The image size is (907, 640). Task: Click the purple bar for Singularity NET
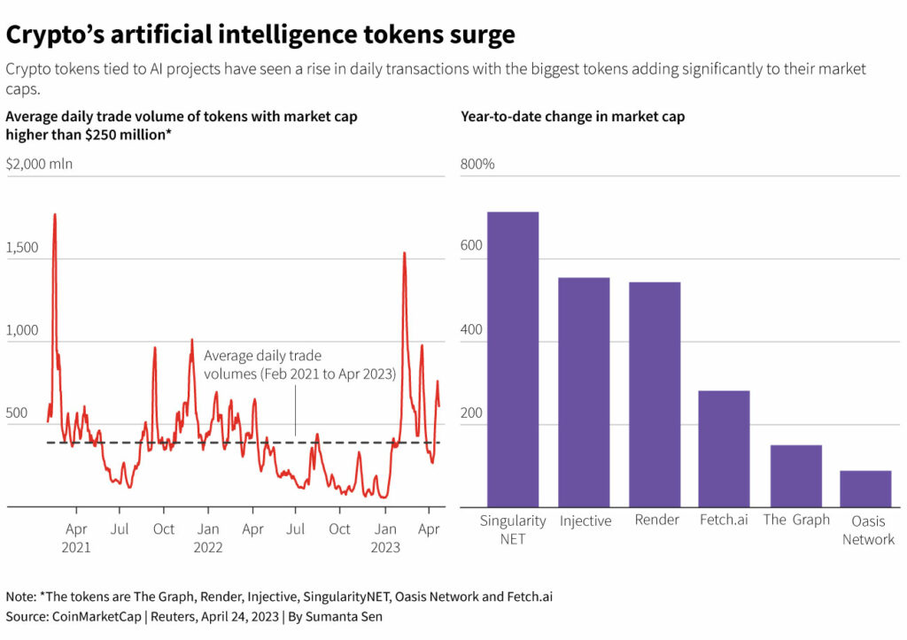(x=513, y=359)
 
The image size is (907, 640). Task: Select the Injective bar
(x=584, y=391)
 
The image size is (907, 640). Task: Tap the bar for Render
(x=655, y=394)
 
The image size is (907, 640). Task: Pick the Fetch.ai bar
(x=725, y=448)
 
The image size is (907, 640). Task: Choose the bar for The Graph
(x=795, y=475)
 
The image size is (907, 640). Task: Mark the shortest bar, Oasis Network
(x=865, y=489)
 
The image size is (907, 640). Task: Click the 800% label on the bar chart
(x=477, y=165)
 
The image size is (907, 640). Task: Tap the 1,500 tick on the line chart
(x=22, y=247)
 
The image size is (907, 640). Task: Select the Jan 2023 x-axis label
(x=386, y=537)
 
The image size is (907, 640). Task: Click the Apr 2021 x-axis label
(x=76, y=537)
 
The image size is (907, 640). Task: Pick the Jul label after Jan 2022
(x=296, y=529)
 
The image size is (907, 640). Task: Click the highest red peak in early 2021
(x=55, y=215)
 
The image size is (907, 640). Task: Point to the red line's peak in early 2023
(x=405, y=254)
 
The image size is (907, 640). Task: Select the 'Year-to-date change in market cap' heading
(x=572, y=117)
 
